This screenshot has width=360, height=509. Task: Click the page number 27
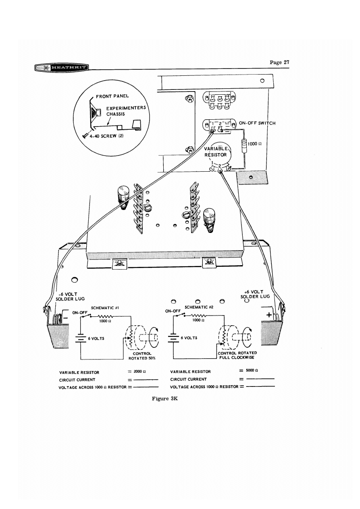pyautogui.click(x=279, y=62)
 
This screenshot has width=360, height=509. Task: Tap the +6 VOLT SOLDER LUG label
pyautogui.click(x=256, y=293)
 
